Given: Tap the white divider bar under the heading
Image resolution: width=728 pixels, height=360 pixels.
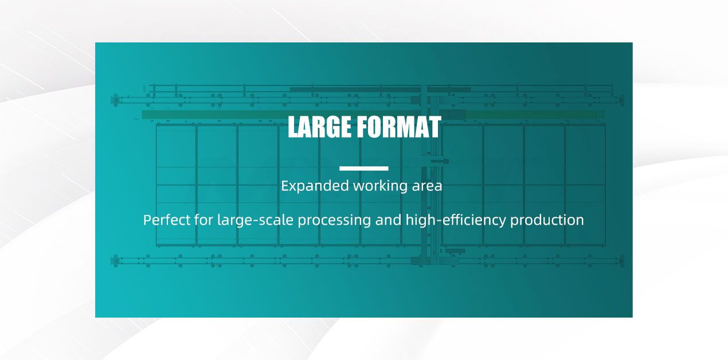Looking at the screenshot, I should [x=364, y=168].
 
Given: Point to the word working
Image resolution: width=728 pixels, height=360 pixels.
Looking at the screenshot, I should [x=379, y=186].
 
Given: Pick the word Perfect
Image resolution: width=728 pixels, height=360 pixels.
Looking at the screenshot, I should [x=167, y=220].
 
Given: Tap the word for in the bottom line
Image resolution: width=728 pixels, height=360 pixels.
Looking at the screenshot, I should [x=203, y=220].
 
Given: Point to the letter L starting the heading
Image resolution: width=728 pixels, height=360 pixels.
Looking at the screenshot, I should [x=292, y=127].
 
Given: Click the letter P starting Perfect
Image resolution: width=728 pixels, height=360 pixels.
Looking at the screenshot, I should [x=147, y=220].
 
